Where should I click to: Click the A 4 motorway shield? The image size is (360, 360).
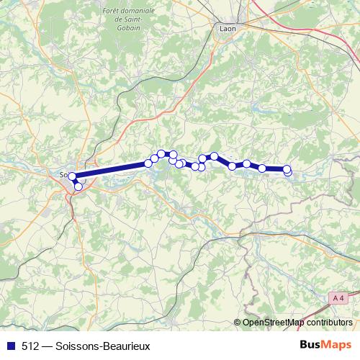(339, 297)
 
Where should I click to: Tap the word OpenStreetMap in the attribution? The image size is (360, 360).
(274, 323)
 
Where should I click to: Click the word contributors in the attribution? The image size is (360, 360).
(329, 323)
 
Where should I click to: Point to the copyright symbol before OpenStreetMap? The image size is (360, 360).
(238, 323)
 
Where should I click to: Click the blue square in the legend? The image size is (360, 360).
(9, 346)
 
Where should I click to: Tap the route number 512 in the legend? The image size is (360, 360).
(30, 346)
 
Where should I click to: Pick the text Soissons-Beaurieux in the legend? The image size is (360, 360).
(107, 346)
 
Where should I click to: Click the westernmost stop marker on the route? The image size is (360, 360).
(72, 176)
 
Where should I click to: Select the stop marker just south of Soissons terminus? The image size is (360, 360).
(78, 187)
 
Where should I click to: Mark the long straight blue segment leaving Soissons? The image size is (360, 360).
(112, 169)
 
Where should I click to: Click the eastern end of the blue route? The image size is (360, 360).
(288, 170)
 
